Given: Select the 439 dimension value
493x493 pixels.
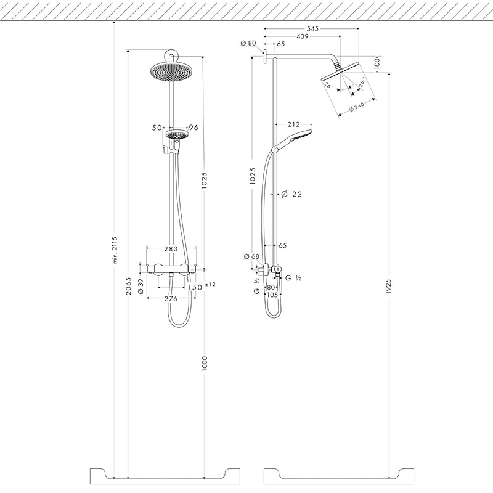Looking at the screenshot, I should click(x=301, y=36).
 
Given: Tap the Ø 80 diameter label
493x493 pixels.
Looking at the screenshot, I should click(x=248, y=43).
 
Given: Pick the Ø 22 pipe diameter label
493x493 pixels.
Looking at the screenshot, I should click(x=293, y=194).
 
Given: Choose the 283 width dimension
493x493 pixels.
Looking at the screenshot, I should click(x=171, y=249).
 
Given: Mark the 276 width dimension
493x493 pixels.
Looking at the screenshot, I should click(x=171, y=299).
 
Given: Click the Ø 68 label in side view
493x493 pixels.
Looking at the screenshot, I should click(x=251, y=256).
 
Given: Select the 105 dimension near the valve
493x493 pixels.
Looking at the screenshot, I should click(x=272, y=295).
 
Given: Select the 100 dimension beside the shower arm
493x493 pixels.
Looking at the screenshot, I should click(x=377, y=63).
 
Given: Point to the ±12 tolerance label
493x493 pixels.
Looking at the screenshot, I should click(x=210, y=284).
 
